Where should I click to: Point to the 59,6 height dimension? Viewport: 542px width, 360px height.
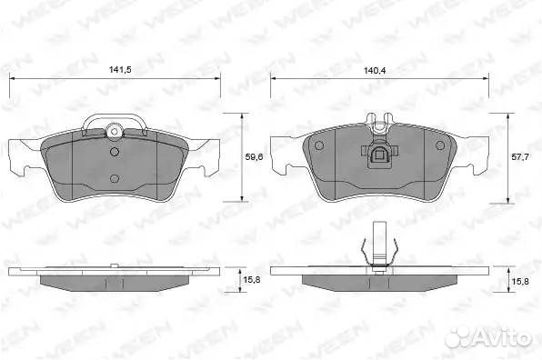(x=254, y=157)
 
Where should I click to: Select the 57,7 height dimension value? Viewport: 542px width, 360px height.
(x=519, y=157)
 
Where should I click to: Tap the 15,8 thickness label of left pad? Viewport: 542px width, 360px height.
(x=252, y=280)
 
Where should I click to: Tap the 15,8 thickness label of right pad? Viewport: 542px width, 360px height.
(x=520, y=281)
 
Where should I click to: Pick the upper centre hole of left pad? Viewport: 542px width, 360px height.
(x=115, y=151)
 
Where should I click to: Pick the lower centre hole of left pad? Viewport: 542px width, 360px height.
(x=115, y=178)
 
